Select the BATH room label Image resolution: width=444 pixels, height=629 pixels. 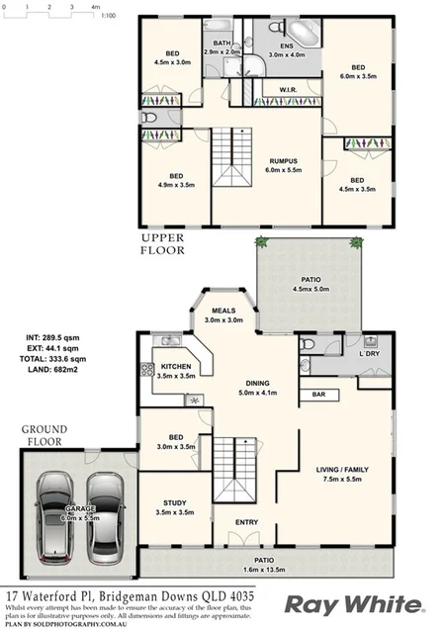(222, 44)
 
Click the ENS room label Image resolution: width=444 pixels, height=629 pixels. (287, 46)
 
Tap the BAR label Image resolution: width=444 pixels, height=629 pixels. (319, 395)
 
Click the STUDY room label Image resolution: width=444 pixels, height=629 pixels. (174, 503)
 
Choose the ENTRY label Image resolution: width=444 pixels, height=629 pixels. (244, 522)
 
